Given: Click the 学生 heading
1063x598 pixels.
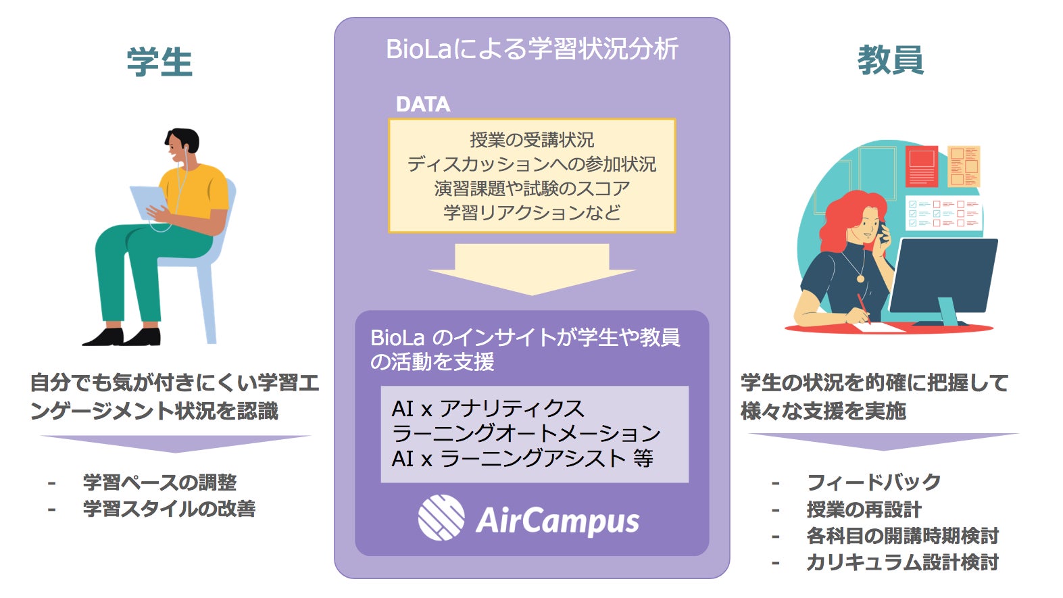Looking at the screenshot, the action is point(159,62).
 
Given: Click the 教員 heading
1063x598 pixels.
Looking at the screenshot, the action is point(890,59).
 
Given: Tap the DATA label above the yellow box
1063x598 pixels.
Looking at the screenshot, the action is point(423,105).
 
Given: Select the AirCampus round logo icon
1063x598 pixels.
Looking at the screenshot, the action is point(441,518).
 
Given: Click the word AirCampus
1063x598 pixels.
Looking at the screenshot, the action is point(557,521).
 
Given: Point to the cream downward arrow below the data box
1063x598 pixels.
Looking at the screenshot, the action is point(531,269).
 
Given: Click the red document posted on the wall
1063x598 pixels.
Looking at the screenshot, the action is point(922,166).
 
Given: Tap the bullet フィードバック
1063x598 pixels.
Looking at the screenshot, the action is point(874,482).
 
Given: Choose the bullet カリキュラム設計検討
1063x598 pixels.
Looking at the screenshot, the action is point(903,562).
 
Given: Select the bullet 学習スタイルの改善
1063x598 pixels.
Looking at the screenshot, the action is point(170,509).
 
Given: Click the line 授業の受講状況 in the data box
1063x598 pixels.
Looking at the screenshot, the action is point(532,140).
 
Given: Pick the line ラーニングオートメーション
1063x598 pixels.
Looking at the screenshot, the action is point(526,433).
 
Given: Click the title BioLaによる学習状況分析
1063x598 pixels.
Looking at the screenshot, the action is point(532,49).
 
